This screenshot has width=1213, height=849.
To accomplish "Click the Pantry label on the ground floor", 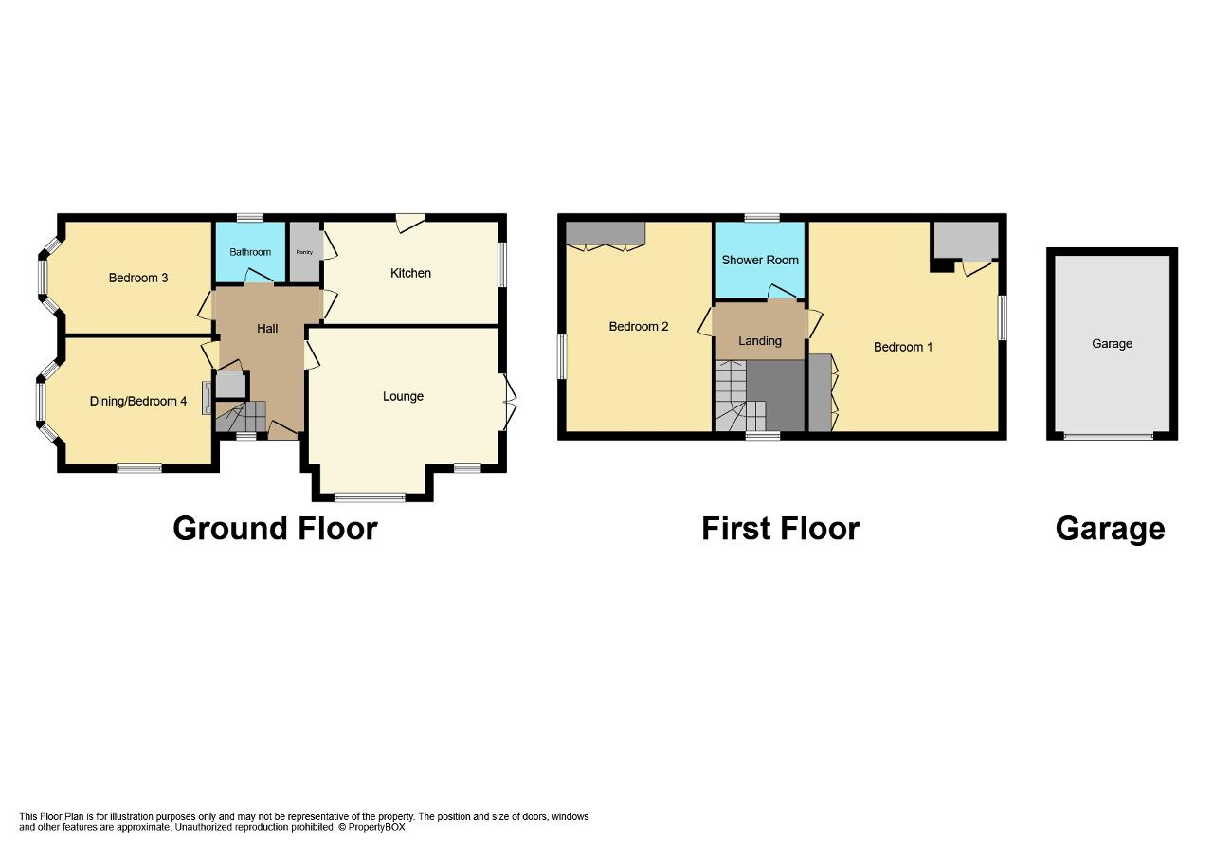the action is point(304,252).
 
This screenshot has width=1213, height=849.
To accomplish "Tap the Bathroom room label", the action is point(250,252).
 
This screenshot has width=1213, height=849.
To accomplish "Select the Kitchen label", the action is point(410,273).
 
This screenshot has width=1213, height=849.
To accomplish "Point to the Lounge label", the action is point(403,396).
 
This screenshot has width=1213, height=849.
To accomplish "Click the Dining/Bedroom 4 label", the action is point(138,401).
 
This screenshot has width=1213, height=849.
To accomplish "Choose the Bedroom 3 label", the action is point(138,278).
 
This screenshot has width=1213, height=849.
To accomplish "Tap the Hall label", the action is point(267,328).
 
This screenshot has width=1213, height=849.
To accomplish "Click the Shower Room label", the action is point(760,260).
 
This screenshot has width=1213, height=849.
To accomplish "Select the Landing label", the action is point(760,341).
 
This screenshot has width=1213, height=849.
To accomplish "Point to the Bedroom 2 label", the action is point(639,327).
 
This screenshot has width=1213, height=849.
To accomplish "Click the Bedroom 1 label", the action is point(903,347).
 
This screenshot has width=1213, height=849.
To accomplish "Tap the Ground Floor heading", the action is point(275,529).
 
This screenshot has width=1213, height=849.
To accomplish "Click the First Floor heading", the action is point(780,529).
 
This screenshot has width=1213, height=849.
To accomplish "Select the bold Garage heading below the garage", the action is point(1110,529).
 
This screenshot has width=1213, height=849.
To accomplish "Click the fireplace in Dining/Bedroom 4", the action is point(207,398).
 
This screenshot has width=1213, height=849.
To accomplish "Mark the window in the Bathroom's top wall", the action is point(249,218).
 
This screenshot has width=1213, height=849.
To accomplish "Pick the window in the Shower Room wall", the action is point(762,218).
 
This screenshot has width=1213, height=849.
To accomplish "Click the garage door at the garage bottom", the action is point(1108,435).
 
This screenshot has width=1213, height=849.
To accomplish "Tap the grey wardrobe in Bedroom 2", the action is point(606,233).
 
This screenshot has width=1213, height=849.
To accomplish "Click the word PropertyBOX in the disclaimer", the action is point(376,827).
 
